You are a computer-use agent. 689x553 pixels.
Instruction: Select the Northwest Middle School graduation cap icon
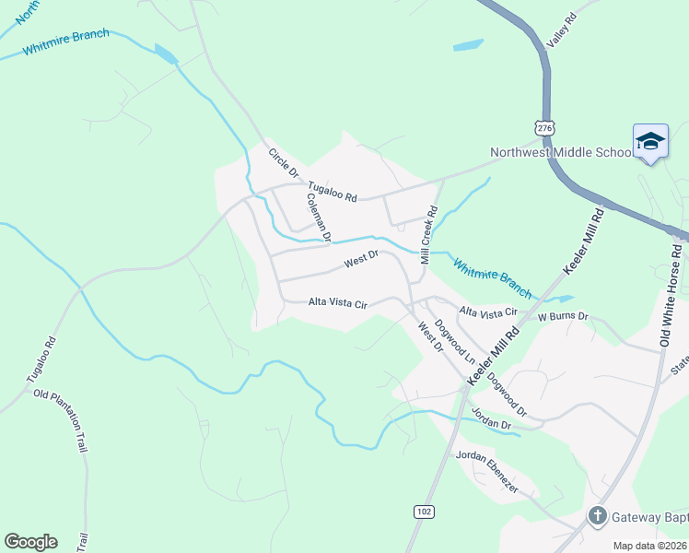tap(650, 141)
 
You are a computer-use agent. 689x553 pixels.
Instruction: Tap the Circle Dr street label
tap(284, 162)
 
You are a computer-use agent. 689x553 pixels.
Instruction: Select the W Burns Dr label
tap(563, 315)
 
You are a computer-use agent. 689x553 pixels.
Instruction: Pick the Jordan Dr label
tap(490, 417)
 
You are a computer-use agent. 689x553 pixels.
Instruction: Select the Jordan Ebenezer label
tap(486, 471)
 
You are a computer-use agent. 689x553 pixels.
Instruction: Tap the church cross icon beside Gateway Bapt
tap(597, 516)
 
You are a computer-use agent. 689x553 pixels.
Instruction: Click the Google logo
tap(30, 542)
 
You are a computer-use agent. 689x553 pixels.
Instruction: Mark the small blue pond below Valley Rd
tap(468, 45)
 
